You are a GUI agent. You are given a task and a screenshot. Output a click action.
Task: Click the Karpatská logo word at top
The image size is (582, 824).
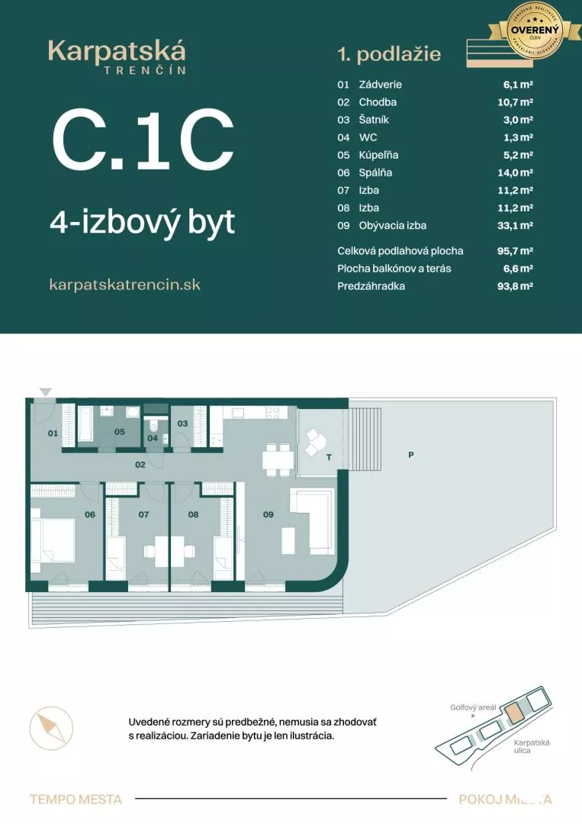click(x=117, y=51)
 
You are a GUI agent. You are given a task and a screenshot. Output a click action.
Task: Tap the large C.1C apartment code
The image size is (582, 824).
click(x=142, y=140)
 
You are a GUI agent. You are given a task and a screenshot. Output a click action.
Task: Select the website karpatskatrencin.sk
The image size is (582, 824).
click(x=125, y=284)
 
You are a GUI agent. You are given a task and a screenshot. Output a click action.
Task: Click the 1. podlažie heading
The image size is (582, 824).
click(x=389, y=54)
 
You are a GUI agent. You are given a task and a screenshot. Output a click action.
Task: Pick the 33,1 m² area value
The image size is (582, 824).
click(x=515, y=225)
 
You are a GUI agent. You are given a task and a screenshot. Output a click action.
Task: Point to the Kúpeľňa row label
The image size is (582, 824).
click(x=378, y=155)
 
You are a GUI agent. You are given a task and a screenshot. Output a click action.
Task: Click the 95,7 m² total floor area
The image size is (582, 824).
click(x=515, y=250)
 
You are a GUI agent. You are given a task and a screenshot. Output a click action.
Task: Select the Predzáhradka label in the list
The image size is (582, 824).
click(x=371, y=285)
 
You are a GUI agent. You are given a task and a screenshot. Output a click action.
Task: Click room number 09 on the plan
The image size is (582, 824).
click(x=268, y=514)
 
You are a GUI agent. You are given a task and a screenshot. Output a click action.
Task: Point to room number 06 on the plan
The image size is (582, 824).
click(x=90, y=514)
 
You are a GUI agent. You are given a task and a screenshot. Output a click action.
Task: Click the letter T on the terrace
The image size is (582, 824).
click(x=329, y=458)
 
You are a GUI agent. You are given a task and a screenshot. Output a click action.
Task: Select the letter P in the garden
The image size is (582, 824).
click(x=410, y=455)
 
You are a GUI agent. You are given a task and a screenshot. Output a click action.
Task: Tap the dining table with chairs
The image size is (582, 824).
click(x=277, y=458)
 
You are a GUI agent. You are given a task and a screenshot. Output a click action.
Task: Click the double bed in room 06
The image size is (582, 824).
click(x=53, y=539)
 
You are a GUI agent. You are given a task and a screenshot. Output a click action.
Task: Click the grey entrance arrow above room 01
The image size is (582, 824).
click(x=46, y=392)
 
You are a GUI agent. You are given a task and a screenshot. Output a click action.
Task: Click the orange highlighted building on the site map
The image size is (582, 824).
click(x=516, y=713)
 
